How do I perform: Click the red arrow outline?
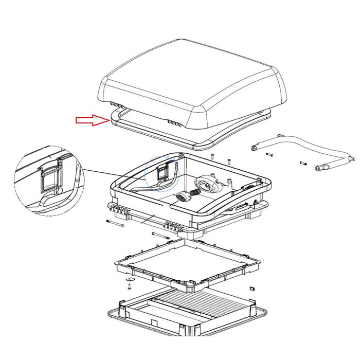[90, 120]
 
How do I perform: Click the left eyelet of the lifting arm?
[254, 148]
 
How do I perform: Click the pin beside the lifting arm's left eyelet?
[269, 154]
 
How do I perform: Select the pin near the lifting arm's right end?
[303, 164]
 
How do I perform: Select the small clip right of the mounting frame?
[252, 287]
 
